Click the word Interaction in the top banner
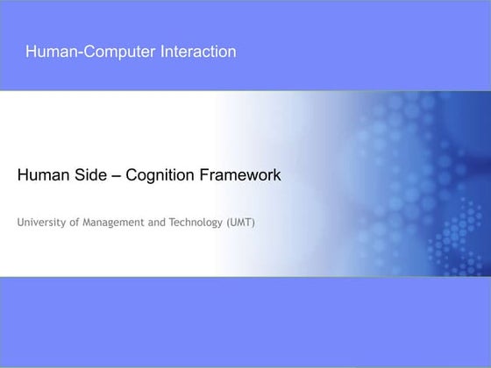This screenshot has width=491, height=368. click(x=198, y=52)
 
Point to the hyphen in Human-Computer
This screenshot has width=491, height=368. click(x=76, y=53)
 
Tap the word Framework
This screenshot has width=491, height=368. click(x=238, y=175)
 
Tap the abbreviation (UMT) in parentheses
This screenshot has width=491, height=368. click(x=240, y=223)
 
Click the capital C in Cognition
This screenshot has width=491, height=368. click(x=132, y=175)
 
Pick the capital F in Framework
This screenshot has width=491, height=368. click(x=202, y=175)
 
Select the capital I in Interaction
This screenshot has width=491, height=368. click(x=162, y=52)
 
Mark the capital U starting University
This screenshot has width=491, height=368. click(x=20, y=223)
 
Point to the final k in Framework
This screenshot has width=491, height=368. click(x=276, y=175)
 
